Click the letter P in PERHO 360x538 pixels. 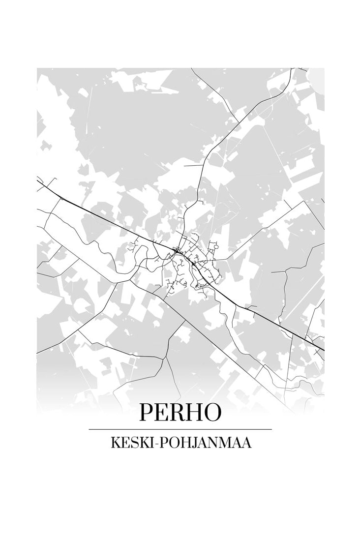[146, 413]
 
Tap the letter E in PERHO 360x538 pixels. [162, 413]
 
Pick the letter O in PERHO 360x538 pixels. [212, 413]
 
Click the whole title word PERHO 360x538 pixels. [180, 413]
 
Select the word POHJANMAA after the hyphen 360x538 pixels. [207, 443]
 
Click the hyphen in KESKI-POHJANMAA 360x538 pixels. [157, 444]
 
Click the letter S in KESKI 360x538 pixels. [135, 443]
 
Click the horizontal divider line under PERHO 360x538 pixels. [180, 429]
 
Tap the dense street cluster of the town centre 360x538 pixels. [189, 261]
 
